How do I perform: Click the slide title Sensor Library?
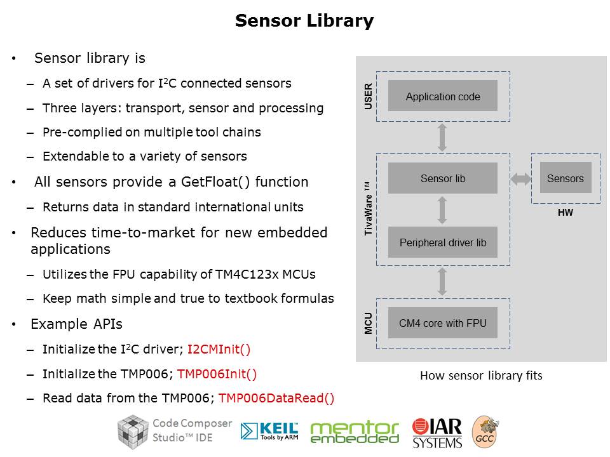pos(304,21)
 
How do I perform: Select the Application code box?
pos(443,96)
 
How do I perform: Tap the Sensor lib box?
pos(443,178)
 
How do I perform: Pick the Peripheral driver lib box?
pos(443,242)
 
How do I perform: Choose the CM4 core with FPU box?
pos(443,323)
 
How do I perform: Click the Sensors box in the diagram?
pos(565,178)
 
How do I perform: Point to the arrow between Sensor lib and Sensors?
pos(521,179)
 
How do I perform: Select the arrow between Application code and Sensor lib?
pos(443,137)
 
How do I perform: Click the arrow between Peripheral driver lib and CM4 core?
pos(443,281)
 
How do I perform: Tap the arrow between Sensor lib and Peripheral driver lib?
pos(443,210)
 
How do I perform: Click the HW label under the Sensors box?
pos(565,213)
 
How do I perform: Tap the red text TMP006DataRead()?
pos(276,399)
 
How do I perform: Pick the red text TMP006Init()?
pos(217,374)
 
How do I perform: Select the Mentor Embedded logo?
pos(354,432)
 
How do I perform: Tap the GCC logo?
pos(484,432)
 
